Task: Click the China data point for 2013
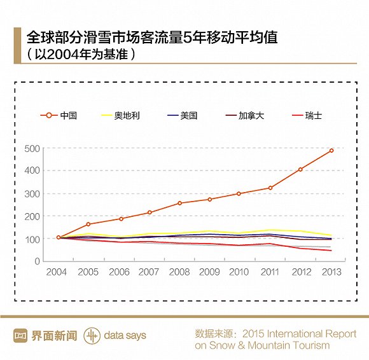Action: coord(331,151)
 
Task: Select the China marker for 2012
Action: coord(300,169)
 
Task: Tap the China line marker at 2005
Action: coord(88,225)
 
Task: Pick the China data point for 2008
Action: coord(179,203)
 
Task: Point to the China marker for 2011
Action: coord(270,188)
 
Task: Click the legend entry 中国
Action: coord(59,116)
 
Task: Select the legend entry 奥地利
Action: coord(120,116)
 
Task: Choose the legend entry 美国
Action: coord(183,116)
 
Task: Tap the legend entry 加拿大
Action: coord(245,116)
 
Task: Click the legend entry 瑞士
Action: coord(307,116)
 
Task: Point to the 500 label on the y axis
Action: coord(32,149)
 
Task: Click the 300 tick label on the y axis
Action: coord(32,194)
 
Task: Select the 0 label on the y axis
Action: coord(37,261)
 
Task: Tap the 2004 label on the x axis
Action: coord(57,272)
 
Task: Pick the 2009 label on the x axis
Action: coord(209,272)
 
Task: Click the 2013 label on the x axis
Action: coord(331,272)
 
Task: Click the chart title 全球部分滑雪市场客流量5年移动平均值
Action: coord(152,37)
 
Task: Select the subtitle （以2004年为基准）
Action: coord(81,54)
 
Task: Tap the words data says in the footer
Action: coord(125,336)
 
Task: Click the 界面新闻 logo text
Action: coord(54,336)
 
